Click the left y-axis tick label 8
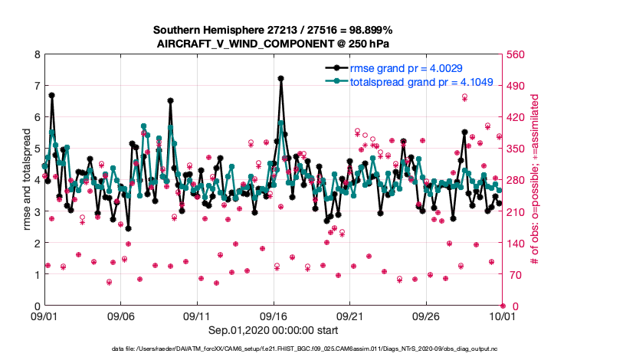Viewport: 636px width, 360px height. (36, 54)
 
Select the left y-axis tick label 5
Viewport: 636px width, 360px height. (36, 149)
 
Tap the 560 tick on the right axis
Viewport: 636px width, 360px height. (516, 54)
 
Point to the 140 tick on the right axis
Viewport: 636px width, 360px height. (516, 243)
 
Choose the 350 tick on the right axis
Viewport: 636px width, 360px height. (516, 149)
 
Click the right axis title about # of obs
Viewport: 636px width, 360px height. (536, 180)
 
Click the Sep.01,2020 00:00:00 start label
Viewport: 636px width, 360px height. (274, 331)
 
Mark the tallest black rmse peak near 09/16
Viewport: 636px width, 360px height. (281, 78)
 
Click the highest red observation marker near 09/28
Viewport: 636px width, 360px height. (464, 97)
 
